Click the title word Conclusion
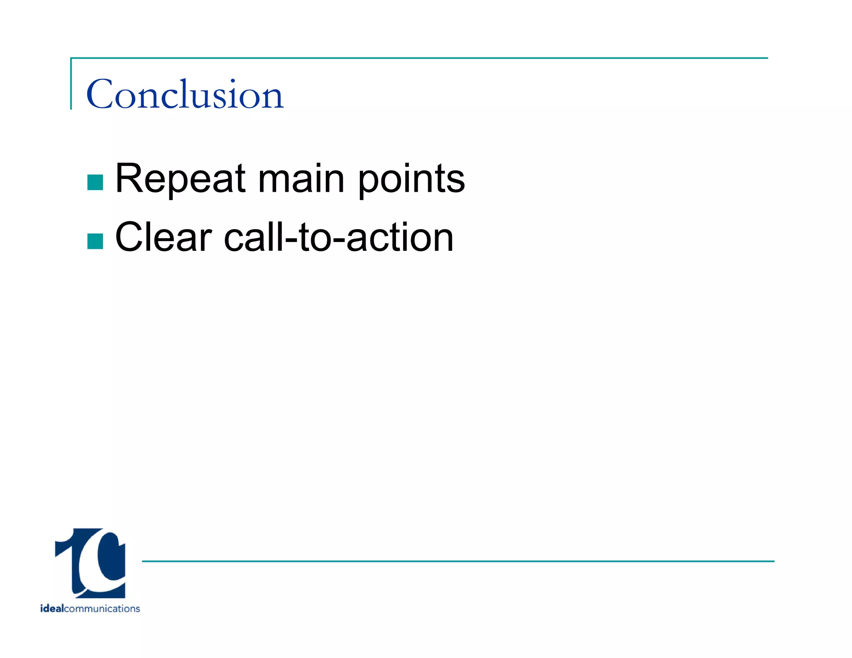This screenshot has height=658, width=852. (x=185, y=95)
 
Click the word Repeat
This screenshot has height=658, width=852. (x=180, y=179)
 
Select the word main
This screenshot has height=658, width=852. (x=301, y=179)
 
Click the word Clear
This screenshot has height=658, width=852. (x=163, y=237)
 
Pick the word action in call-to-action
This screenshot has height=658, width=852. (x=399, y=237)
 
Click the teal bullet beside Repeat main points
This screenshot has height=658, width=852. (x=95, y=182)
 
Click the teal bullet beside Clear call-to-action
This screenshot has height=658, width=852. (x=95, y=241)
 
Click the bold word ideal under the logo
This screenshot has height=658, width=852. (x=52, y=609)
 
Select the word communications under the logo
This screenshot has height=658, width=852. (x=102, y=609)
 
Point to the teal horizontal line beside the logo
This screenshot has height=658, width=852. (x=458, y=561)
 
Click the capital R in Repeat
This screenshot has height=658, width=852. (x=128, y=179)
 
